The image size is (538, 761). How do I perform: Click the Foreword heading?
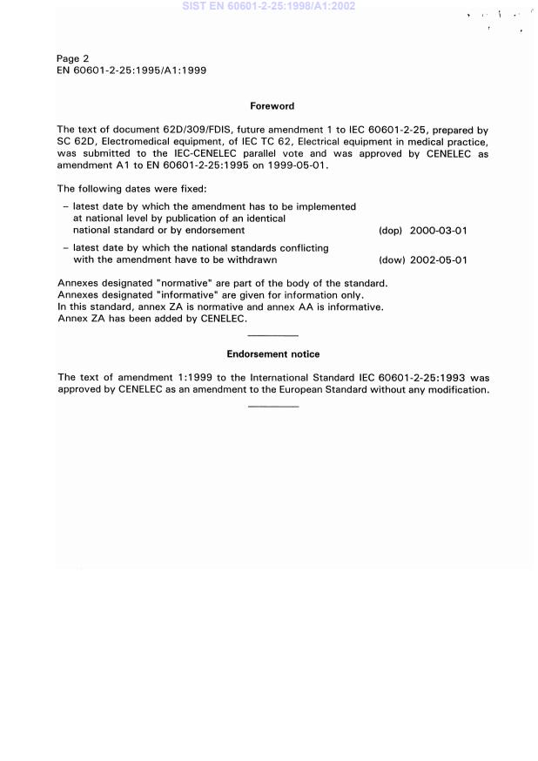coord(272,106)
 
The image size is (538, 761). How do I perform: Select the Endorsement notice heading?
coord(272,354)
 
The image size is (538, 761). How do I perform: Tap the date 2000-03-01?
coord(439,232)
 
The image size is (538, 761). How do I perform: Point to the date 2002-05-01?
coord(439,260)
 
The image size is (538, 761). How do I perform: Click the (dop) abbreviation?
coord(390,232)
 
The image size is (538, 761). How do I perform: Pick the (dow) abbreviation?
coord(391,260)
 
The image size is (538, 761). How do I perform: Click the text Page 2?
coord(73,59)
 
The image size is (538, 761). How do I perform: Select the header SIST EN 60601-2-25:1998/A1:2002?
coord(268,6)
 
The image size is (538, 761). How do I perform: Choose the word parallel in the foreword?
coord(276,153)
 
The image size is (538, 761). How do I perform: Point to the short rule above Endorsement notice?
coord(272,335)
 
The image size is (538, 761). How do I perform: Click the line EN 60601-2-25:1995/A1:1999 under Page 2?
coord(131,71)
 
